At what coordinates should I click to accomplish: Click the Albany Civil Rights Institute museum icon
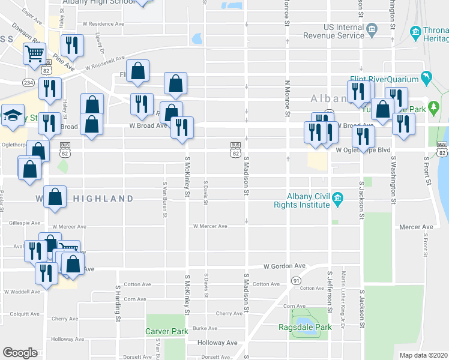point(337,197)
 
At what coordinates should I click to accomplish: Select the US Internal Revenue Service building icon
point(372,29)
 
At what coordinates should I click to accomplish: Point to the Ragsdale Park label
point(305,327)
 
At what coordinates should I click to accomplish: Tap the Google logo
point(20,353)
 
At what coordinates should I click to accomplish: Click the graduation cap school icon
point(12,116)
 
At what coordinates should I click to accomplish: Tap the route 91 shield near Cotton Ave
point(296,280)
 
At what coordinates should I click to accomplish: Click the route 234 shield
point(29,82)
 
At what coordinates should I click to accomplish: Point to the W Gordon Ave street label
point(285,266)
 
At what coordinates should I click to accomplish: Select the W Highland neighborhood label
point(84,198)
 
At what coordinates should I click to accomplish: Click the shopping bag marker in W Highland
point(55,198)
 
